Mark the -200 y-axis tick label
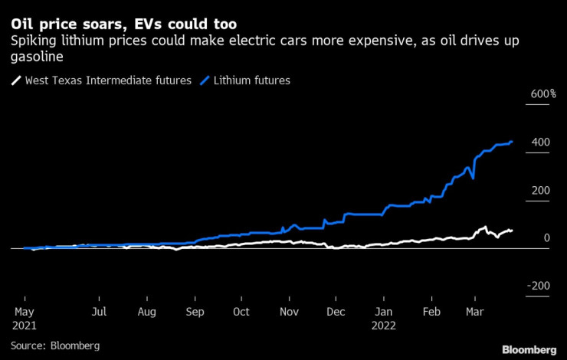pyautogui.click(x=538, y=286)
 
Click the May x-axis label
pyautogui.click(x=25, y=312)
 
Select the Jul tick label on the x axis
pyautogui.click(x=99, y=312)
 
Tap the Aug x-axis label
pyautogui.click(x=146, y=312)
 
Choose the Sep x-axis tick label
pyautogui.click(x=195, y=312)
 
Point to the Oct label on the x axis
pyautogui.click(x=241, y=312)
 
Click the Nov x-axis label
pyautogui.click(x=289, y=312)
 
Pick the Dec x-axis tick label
pyautogui.click(x=336, y=312)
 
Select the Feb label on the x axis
pyautogui.click(x=431, y=312)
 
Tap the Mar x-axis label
pyautogui.click(x=474, y=312)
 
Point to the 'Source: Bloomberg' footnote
pyautogui.click(x=56, y=346)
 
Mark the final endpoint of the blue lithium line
pyautogui.click(x=511, y=141)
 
